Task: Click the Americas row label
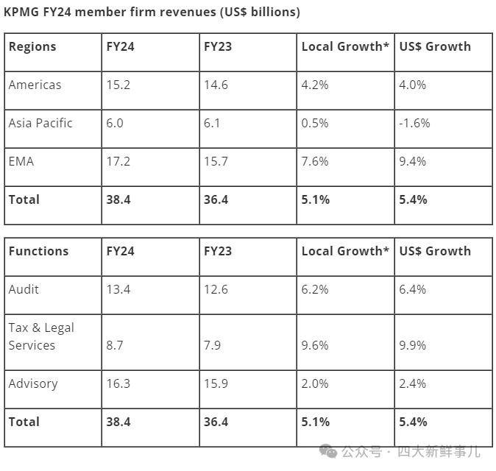[35, 85]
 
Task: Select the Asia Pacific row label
[40, 123]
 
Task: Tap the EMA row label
[21, 161]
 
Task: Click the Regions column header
[32, 46]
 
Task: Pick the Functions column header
[38, 251]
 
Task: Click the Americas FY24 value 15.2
[118, 85]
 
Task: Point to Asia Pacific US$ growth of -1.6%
[415, 123]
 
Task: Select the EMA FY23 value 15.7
[216, 161]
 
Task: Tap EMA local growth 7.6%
[315, 161]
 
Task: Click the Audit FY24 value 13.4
[118, 289]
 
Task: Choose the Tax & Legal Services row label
[41, 336]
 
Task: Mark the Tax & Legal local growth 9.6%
[315, 345]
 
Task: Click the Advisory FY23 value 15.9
[216, 383]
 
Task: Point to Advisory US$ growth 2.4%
[413, 383]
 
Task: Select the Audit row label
[24, 289]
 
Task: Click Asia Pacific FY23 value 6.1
[212, 123]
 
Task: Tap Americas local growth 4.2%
[315, 85]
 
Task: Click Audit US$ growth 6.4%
[413, 289]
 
